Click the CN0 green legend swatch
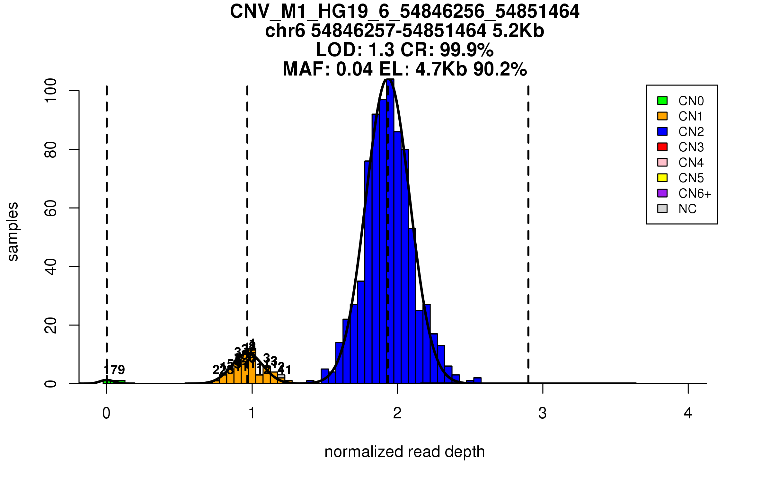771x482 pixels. pyautogui.click(x=662, y=101)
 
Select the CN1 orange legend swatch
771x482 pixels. pyautogui.click(x=662, y=116)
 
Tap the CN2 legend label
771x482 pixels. pyautogui.click(x=691, y=132)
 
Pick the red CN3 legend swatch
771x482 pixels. pyautogui.click(x=662, y=147)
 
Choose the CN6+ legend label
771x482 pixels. pyautogui.click(x=695, y=193)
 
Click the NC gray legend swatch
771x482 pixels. pyautogui.click(x=662, y=209)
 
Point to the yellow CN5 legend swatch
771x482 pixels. pyautogui.click(x=662, y=178)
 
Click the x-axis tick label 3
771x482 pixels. pyautogui.click(x=543, y=414)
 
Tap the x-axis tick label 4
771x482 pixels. pyautogui.click(x=688, y=414)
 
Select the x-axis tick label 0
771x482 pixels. pyautogui.click(x=106, y=414)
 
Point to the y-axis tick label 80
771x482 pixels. pyautogui.click(x=51, y=150)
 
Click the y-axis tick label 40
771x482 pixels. pyautogui.click(x=51, y=267)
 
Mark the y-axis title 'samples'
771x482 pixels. pyautogui.click(x=13, y=231)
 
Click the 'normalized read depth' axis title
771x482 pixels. pyautogui.click(x=404, y=452)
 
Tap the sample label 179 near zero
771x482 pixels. pyautogui.click(x=114, y=370)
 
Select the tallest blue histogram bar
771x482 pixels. pyautogui.click(x=390, y=231)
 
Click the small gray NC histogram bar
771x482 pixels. pyautogui.click(x=281, y=377)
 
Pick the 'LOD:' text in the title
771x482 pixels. pyautogui.click(x=339, y=50)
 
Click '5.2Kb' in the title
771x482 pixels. pyautogui.click(x=518, y=31)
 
